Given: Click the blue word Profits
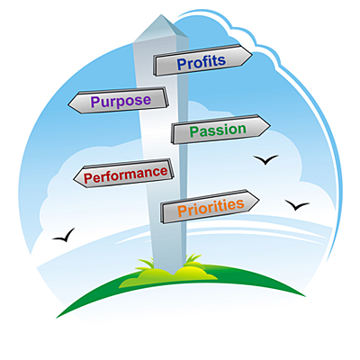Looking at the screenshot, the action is [x=202, y=62].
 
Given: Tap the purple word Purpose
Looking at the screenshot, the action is [x=121, y=101].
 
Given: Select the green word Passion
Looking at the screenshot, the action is [x=218, y=130].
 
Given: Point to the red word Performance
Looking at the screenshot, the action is [x=126, y=174].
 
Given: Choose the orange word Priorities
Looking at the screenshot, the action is [x=211, y=207].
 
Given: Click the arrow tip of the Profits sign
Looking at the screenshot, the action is [x=252, y=55].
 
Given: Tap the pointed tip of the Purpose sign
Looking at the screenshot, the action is [x=68, y=104].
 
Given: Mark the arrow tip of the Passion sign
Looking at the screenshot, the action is [x=270, y=126].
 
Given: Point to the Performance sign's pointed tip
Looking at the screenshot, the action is [x=74, y=179].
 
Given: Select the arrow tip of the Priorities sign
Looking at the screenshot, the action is [x=258, y=200].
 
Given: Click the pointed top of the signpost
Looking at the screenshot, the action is [x=162, y=14].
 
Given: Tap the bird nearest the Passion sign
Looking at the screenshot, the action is [x=265, y=160].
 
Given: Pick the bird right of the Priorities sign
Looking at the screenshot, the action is [x=297, y=205].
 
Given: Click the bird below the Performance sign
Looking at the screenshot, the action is [x=64, y=236].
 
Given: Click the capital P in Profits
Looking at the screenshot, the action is [x=182, y=65].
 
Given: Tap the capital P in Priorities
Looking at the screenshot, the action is [x=182, y=211].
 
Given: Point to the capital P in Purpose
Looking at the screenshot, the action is [x=95, y=102].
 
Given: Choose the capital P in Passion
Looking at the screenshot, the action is [x=194, y=132].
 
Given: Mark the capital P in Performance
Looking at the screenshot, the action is [x=88, y=178].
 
